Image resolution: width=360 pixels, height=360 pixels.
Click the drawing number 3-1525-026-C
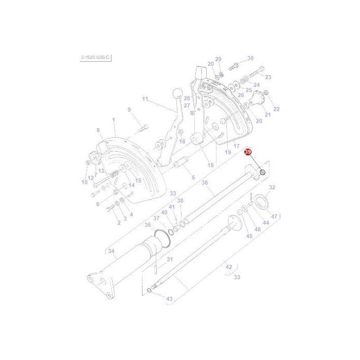pos(95,58)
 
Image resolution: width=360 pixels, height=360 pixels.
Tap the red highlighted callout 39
pos(248,153)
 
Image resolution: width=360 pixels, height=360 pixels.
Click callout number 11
pos(145,99)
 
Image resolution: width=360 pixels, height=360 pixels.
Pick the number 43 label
pos(169,298)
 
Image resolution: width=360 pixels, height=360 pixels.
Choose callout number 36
pos(204,183)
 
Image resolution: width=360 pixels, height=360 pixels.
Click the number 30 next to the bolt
pos(250,58)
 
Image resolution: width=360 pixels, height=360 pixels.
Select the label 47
pos(274,217)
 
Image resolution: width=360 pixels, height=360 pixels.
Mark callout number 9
pos(129,110)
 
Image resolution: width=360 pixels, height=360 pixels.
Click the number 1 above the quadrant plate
pos(114,119)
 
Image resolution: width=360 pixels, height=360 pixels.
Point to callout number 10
pos(84,182)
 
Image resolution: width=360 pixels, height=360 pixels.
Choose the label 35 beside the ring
pos(148,225)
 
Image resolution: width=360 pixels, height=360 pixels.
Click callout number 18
pos(210,165)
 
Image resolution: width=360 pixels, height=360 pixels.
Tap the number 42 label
pos(229,267)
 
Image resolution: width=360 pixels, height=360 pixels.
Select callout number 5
pos(193,178)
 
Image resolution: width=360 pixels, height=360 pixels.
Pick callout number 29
pos(218,59)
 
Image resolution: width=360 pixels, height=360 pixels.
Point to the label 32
pos(272,187)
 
